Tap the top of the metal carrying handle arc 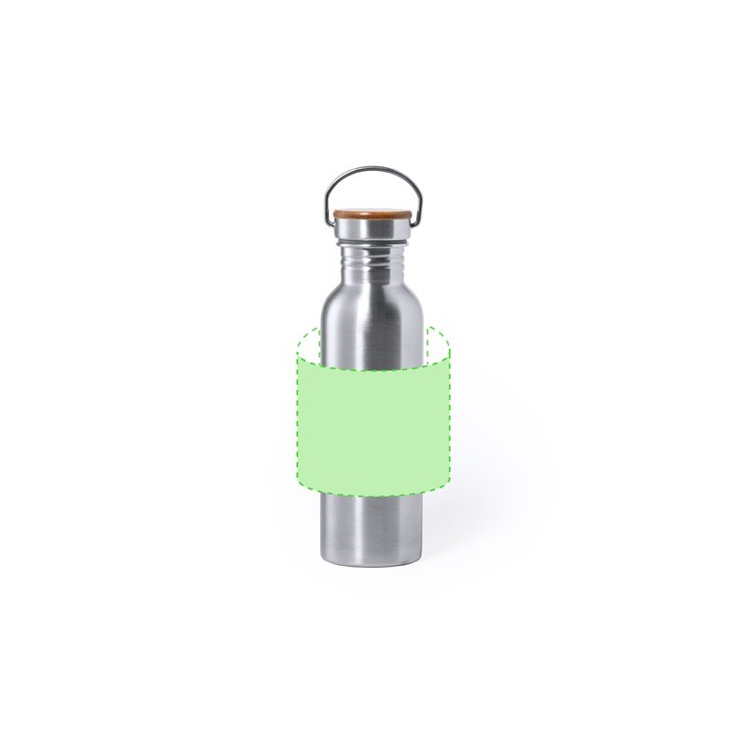(373, 169)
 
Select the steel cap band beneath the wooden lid (373, 229)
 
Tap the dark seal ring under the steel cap (373, 241)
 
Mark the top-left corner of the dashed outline (297, 359)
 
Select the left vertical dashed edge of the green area (297, 411)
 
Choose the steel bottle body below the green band (373, 523)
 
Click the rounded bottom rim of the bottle (373, 563)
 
